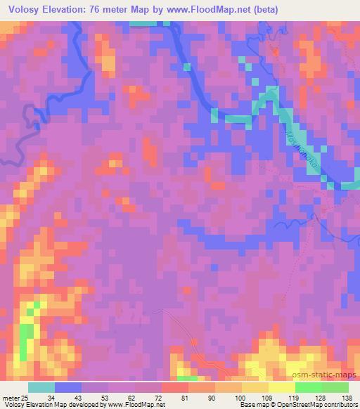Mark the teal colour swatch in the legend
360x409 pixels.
(x=41, y=387)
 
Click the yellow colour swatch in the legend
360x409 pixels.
(x=282, y=387)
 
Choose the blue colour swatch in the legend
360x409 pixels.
(x=68, y=387)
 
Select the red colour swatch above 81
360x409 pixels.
(x=175, y=387)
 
